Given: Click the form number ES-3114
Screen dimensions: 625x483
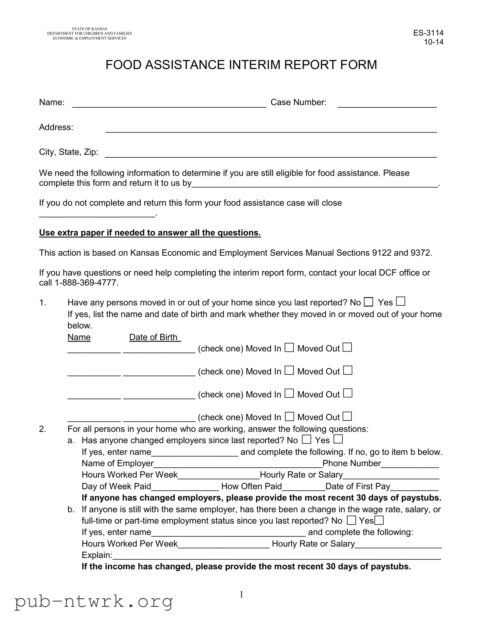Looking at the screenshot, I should tap(428, 33).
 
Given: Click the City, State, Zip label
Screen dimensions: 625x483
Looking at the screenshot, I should tap(69, 152).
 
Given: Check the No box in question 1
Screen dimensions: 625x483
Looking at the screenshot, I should tap(368, 302).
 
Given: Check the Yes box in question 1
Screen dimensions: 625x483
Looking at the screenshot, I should tap(400, 301).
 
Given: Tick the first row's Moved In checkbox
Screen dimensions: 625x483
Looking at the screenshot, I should tap(289, 348).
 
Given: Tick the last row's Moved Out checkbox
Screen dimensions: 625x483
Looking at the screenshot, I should tap(347, 416).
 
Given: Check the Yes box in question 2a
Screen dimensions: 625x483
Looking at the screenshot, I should tap(338, 439).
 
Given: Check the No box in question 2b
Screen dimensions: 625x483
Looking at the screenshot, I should tap(351, 520).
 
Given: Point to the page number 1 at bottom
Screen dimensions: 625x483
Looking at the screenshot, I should tap(241, 595).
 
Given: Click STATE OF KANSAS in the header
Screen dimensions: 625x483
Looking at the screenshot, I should tap(89, 29).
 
